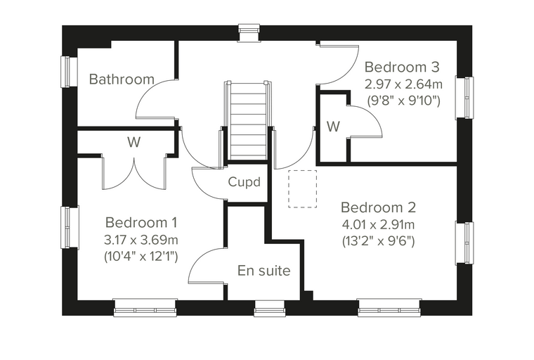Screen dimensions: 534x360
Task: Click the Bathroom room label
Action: point(122,79)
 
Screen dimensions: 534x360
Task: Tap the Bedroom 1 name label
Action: point(141,223)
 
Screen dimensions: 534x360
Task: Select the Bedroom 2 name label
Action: point(378,207)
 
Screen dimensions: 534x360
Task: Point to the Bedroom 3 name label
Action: point(402,67)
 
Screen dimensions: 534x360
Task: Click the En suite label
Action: point(264,271)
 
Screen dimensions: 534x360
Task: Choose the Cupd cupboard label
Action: point(245,182)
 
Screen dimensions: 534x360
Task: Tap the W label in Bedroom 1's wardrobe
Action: point(133,142)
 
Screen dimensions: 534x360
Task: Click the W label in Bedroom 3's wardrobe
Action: point(333,127)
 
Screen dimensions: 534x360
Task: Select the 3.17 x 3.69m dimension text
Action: point(141,240)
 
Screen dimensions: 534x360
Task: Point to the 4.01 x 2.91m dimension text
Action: point(378,225)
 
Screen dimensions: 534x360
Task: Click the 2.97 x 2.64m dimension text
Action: point(403,84)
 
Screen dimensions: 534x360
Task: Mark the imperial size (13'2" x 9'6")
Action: point(378,242)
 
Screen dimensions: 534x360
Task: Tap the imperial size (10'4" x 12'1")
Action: point(141,257)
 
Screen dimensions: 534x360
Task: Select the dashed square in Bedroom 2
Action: point(302,189)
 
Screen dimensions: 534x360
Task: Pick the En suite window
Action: point(270,309)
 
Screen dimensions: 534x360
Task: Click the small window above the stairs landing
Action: point(249,33)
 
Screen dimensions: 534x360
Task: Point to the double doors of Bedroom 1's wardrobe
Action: point(134,172)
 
